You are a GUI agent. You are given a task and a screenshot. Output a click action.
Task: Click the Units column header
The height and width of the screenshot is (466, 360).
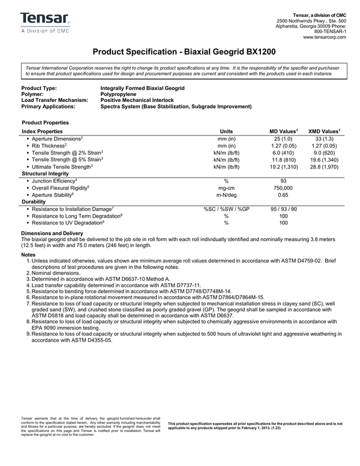click(x=226, y=130)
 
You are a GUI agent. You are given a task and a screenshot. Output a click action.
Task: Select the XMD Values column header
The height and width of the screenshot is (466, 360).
click(x=324, y=130)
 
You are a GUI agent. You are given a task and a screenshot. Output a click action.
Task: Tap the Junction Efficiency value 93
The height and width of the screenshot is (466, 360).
click(x=283, y=181)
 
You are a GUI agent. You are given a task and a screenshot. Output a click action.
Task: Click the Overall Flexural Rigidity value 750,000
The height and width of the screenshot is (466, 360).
click(x=283, y=188)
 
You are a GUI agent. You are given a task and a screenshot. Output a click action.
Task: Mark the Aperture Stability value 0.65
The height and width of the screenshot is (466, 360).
click(x=283, y=195)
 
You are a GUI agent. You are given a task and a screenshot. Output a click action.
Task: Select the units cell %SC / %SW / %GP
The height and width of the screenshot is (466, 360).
click(x=226, y=209)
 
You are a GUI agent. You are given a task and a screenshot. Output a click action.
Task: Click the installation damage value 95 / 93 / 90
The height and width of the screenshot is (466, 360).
click(x=283, y=209)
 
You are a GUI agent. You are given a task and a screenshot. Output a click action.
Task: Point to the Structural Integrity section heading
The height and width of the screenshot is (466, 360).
click(x=47, y=173)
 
